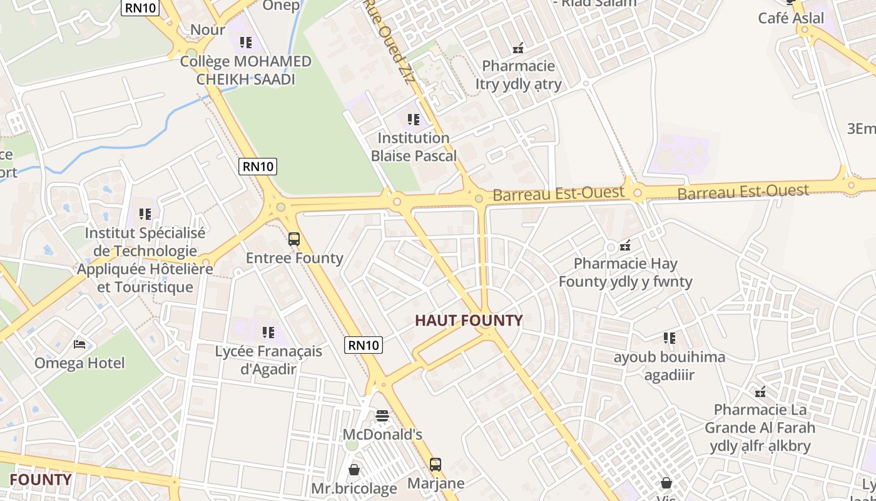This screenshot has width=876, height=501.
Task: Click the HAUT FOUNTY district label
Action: [x=469, y=321]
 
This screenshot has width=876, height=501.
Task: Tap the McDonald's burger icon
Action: [x=382, y=415]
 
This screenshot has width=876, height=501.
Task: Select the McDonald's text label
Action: [x=382, y=434]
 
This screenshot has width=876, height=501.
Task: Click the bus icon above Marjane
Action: [x=435, y=465]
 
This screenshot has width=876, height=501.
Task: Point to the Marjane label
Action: [x=435, y=483]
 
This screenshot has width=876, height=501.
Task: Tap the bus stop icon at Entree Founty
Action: [x=294, y=239]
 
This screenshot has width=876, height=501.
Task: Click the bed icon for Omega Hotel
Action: [x=79, y=344]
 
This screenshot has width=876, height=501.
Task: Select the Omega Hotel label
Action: [x=79, y=363]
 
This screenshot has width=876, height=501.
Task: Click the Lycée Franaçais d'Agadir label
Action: [x=268, y=360]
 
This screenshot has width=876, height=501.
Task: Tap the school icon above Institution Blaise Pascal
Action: [x=413, y=119]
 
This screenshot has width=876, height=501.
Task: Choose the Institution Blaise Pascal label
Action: [x=414, y=147]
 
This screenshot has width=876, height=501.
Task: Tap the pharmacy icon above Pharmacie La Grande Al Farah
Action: [x=760, y=393]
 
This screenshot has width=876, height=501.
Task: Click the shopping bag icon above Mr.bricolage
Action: [x=354, y=469]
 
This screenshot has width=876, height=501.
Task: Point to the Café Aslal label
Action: [x=791, y=18]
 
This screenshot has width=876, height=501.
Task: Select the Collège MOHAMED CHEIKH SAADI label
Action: [x=245, y=70]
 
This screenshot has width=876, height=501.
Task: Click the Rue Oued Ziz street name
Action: [x=390, y=38]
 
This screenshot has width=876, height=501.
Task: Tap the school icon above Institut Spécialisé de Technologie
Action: [x=145, y=214]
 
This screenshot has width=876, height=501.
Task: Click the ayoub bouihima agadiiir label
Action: [x=669, y=366]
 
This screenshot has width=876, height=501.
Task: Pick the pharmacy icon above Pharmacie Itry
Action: [x=518, y=48]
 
